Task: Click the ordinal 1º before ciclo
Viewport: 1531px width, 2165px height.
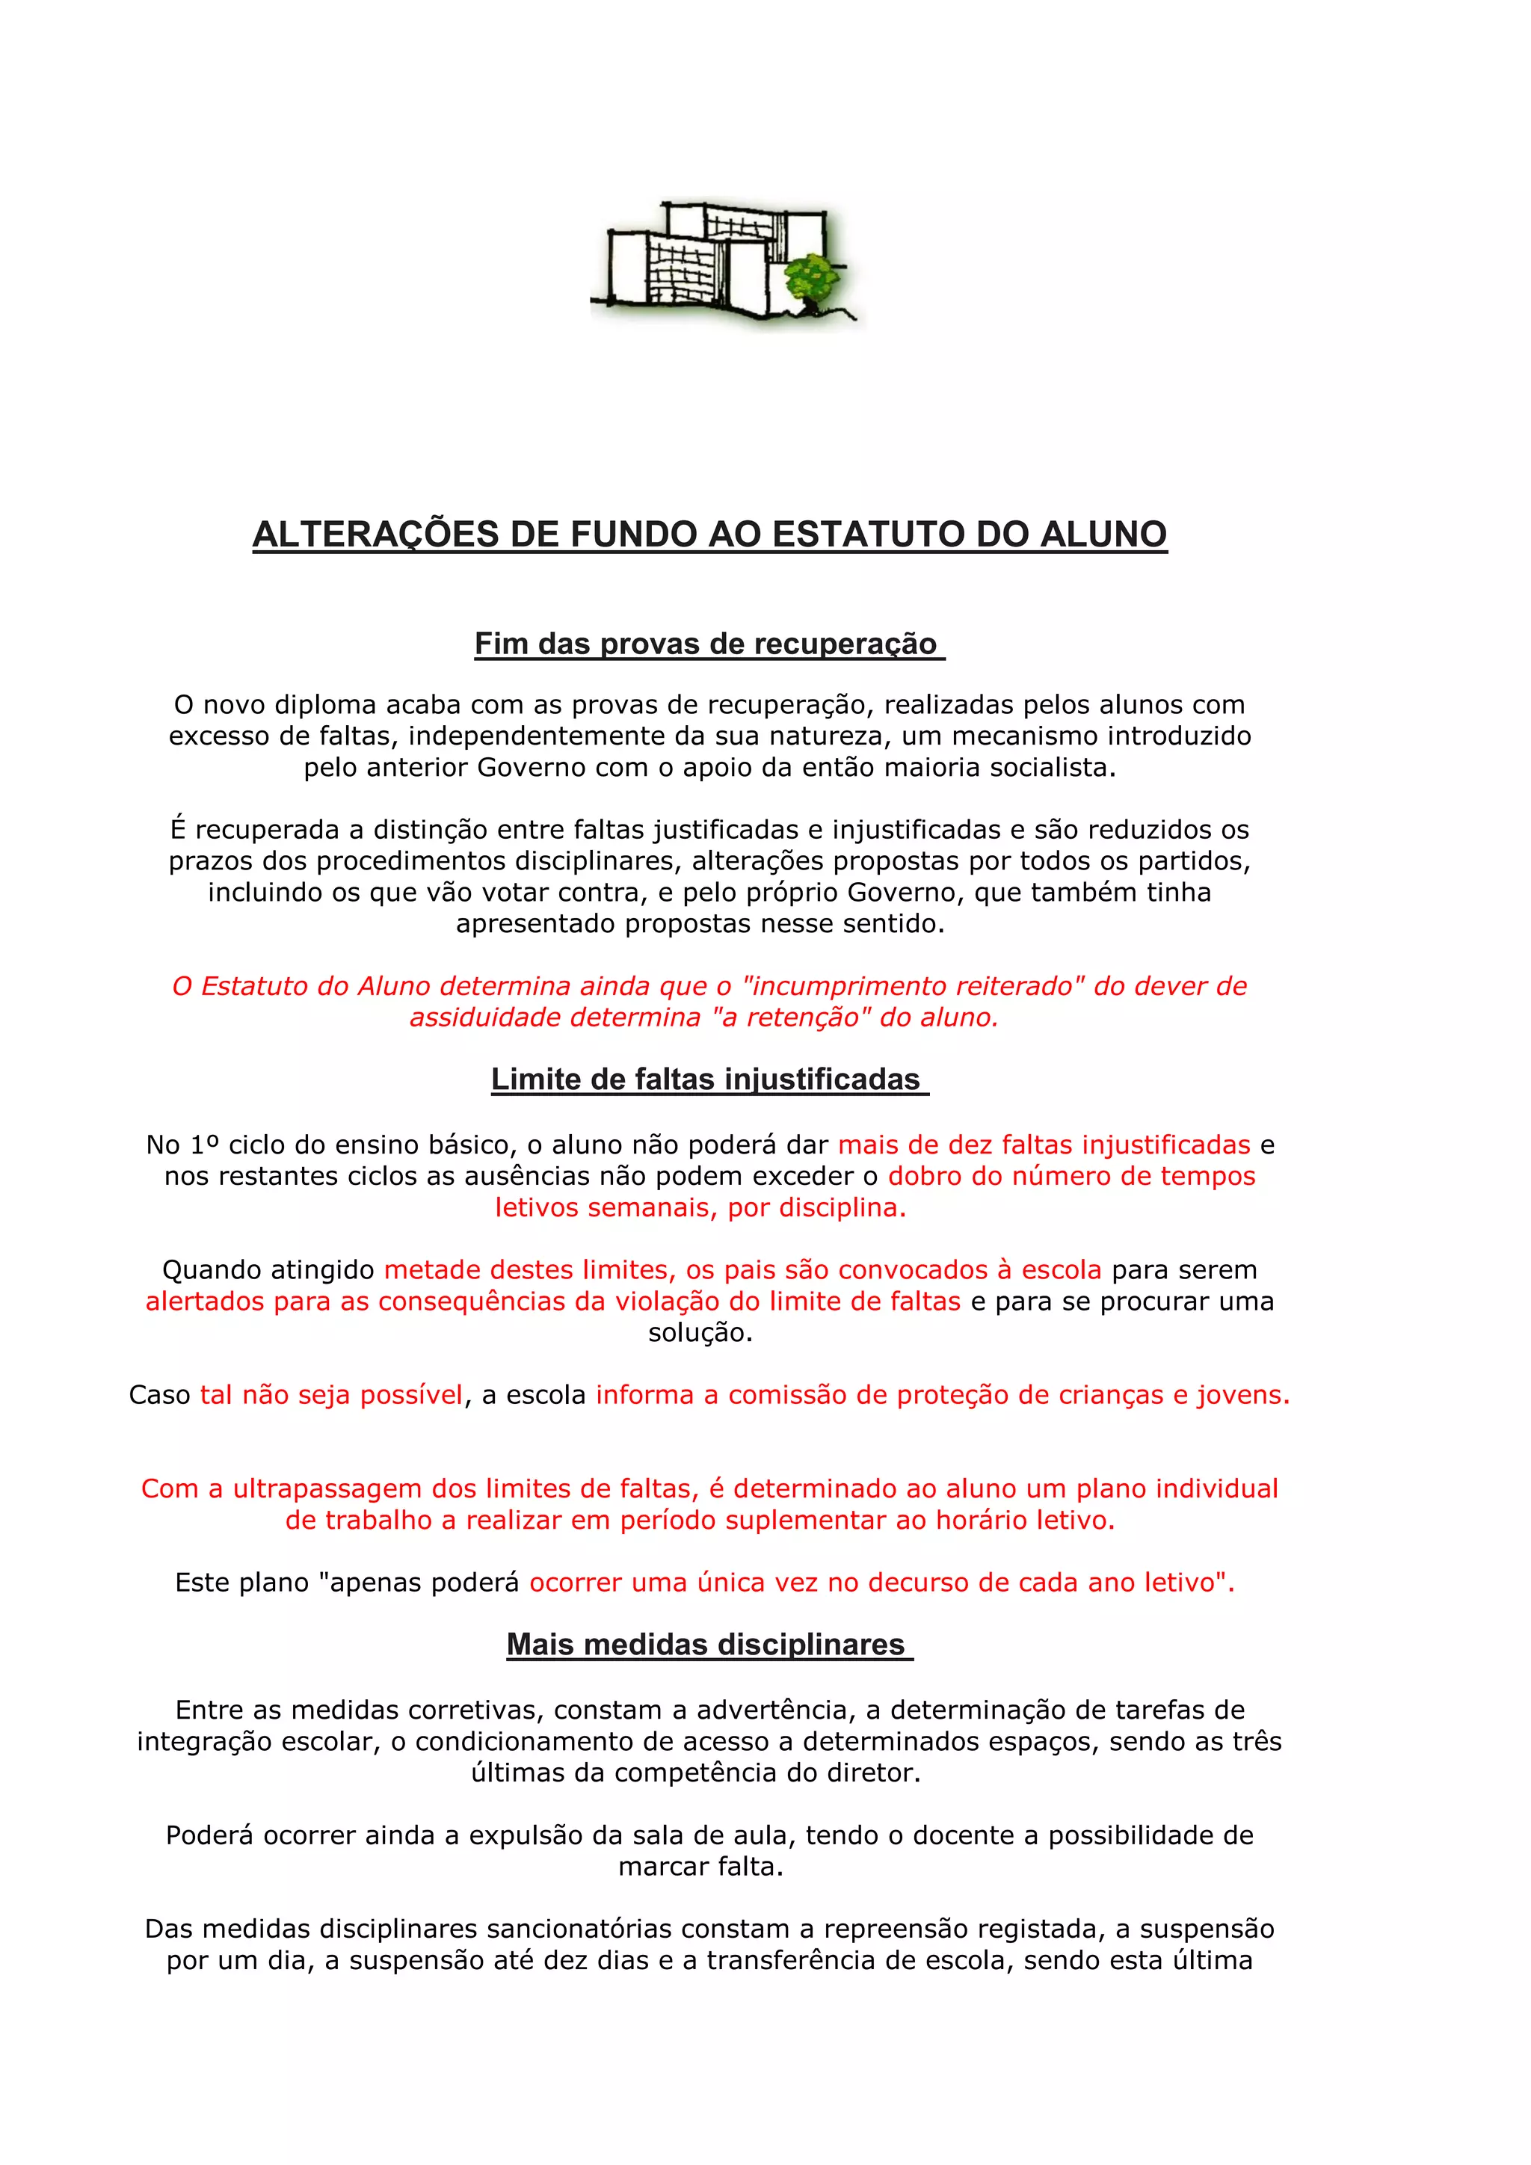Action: click(205, 1145)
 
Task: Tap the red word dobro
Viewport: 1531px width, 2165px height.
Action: click(921, 1176)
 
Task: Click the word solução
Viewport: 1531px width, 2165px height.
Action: click(700, 1332)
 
